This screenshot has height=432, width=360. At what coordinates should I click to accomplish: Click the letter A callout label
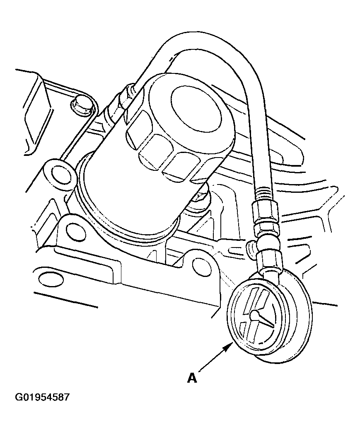pyautogui.click(x=192, y=378)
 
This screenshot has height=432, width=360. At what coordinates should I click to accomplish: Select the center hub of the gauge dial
pyautogui.click(x=255, y=314)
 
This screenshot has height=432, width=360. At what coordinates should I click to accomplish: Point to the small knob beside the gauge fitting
pyautogui.click(x=251, y=247)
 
